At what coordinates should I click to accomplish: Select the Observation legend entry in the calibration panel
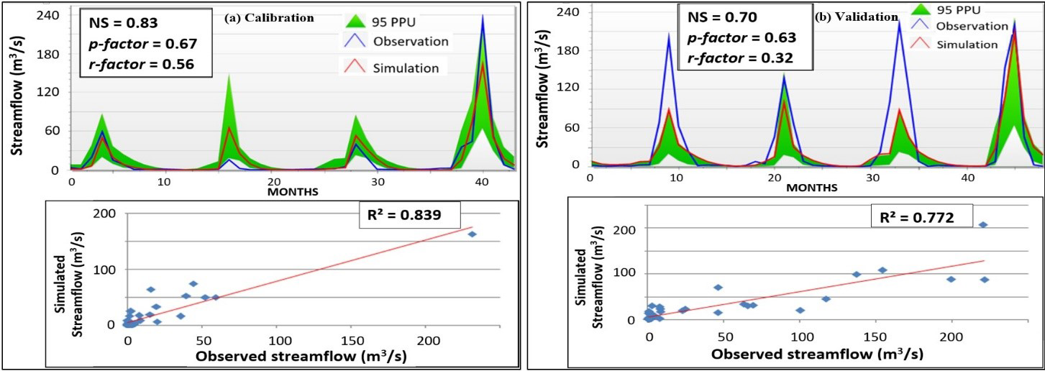click(410, 41)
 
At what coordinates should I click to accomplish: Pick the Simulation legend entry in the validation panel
click(967, 44)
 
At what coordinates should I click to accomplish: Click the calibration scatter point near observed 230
click(473, 234)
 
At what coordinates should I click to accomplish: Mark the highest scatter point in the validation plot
click(982, 225)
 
